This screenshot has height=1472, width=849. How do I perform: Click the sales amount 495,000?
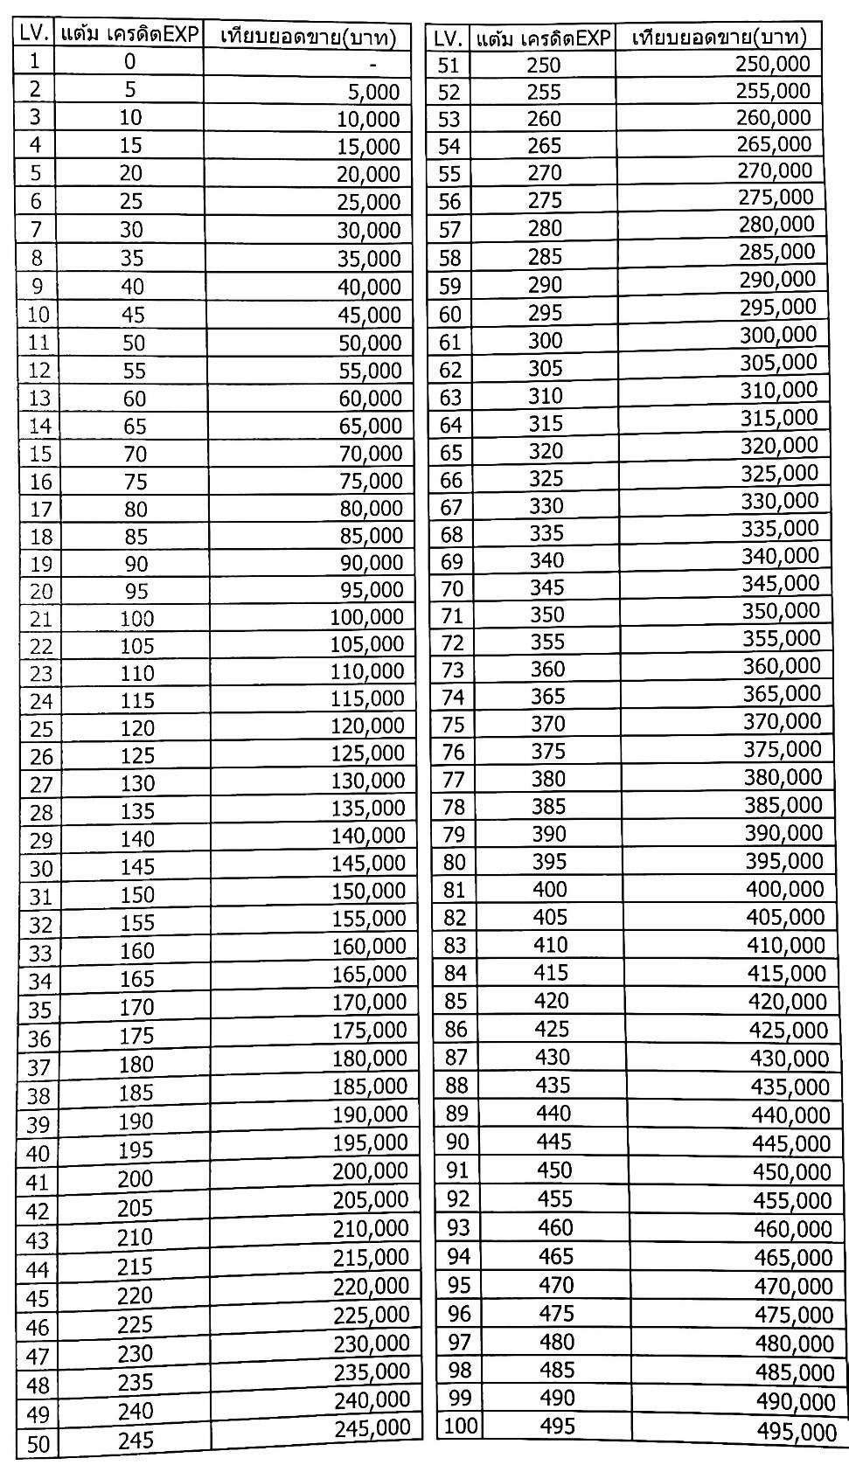pyautogui.click(x=797, y=1431)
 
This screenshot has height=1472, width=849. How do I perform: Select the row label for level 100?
pyautogui.click(x=461, y=1426)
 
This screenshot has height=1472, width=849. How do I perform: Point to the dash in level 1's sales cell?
pyautogui.click(x=373, y=64)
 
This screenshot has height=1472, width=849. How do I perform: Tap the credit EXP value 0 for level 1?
pyautogui.click(x=129, y=61)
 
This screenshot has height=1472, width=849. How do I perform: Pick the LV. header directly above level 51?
pyautogui.click(x=449, y=38)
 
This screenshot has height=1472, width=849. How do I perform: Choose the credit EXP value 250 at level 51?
pyautogui.click(x=543, y=65)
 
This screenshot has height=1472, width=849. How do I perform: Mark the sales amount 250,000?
pyautogui.click(x=773, y=63)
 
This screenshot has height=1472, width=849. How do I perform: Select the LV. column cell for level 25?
pyautogui.click(x=41, y=728)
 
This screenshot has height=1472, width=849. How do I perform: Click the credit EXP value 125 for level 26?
pyautogui.click(x=136, y=755)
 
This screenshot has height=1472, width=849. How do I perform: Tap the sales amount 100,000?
pyautogui.click(x=366, y=617)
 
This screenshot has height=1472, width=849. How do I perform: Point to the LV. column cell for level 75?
pyautogui.click(x=453, y=725)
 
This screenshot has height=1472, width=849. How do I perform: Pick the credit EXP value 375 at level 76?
pyautogui.click(x=548, y=751)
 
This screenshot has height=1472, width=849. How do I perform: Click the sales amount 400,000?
pyautogui.click(x=784, y=889)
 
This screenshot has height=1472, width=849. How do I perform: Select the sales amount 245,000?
pyautogui.click(x=372, y=1427)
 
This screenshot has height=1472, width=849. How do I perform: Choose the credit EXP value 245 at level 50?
pyautogui.click(x=136, y=1440)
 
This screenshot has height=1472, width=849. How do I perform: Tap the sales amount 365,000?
pyautogui.click(x=782, y=693)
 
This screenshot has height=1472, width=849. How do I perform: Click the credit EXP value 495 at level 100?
pyautogui.click(x=557, y=1426)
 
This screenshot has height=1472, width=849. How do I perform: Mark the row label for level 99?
pyautogui.click(x=460, y=1398)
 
